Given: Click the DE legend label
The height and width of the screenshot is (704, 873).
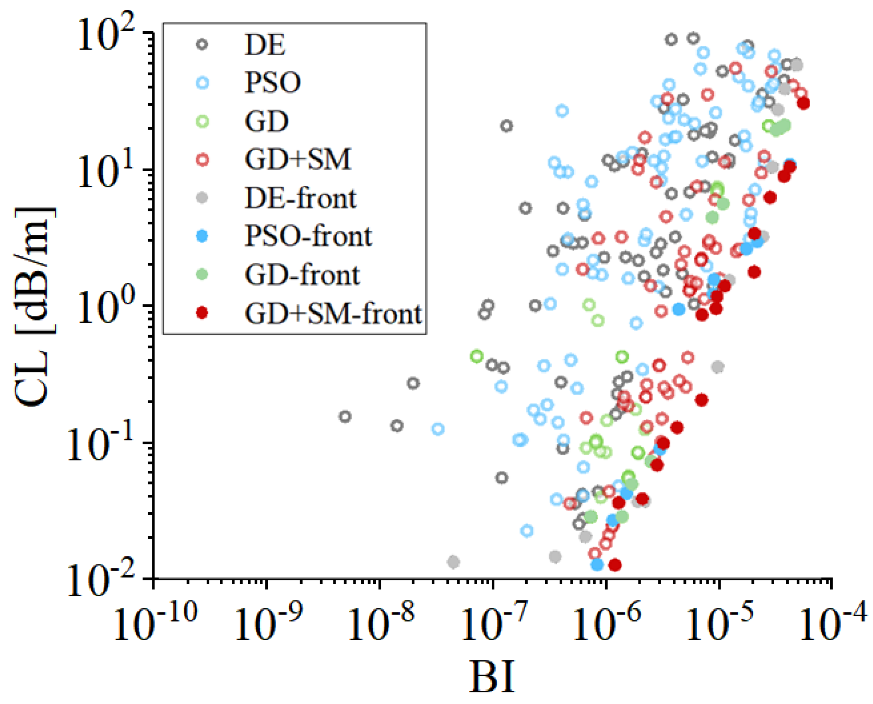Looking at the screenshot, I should pyautogui.click(x=264, y=45).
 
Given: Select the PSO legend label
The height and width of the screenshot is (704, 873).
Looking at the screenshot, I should pyautogui.click(x=273, y=82).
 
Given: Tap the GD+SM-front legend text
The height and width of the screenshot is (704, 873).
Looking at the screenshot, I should pyautogui.click(x=333, y=314).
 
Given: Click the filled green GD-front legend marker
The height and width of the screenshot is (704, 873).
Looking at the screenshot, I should pyautogui.click(x=202, y=274).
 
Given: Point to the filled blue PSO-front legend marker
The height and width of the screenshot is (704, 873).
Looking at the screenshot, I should pyautogui.click(x=202, y=236).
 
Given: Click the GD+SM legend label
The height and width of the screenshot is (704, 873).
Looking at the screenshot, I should pyautogui.click(x=298, y=160).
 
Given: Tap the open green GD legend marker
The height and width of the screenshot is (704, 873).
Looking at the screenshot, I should pyautogui.click(x=202, y=122).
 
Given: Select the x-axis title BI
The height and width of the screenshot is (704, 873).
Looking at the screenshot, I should pyautogui.click(x=492, y=677).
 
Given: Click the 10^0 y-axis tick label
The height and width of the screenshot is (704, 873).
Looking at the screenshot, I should pyautogui.click(x=105, y=307).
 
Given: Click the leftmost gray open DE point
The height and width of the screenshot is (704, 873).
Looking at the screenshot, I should pyautogui.click(x=345, y=416).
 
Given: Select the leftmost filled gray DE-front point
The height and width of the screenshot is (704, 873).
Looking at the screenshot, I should pyautogui.click(x=454, y=562).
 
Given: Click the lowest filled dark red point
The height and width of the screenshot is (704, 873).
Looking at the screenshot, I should pyautogui.click(x=615, y=565).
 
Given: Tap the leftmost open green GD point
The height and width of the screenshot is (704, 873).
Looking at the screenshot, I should pyautogui.click(x=477, y=356).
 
